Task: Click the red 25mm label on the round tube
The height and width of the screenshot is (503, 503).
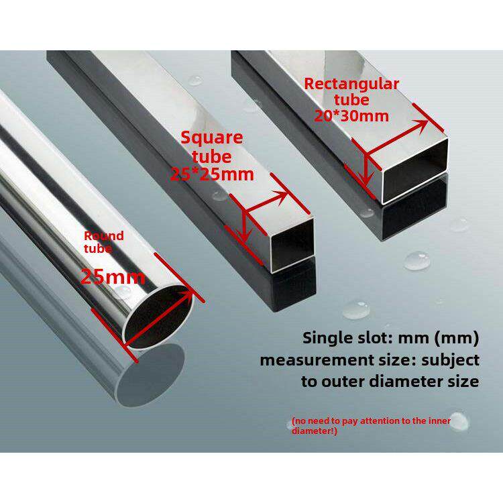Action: [x=113, y=276]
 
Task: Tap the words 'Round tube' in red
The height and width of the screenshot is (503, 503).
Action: [x=103, y=241]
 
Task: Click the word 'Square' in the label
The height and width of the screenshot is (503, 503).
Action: [x=211, y=138]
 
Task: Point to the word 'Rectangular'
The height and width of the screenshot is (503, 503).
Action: [x=351, y=84]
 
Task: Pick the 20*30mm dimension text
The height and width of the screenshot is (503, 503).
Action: [x=351, y=115]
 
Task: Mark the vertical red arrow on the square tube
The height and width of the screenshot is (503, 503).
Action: [x=245, y=225]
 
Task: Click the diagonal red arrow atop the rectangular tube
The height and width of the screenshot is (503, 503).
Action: [x=398, y=129]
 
